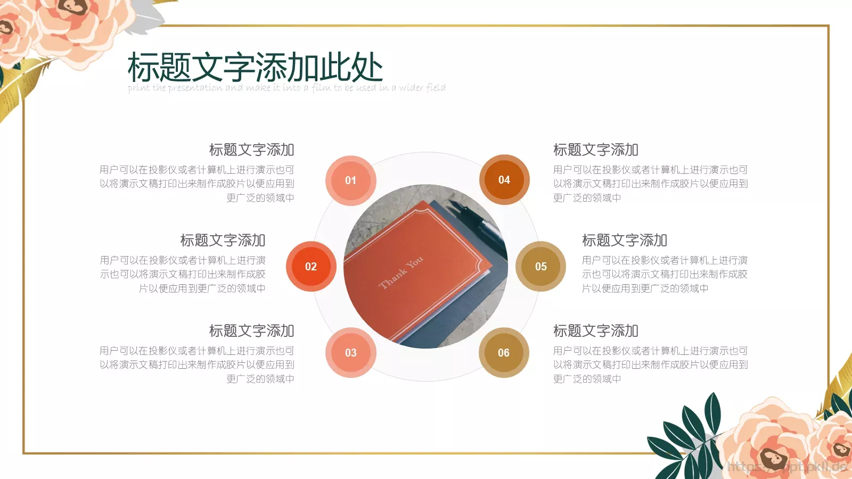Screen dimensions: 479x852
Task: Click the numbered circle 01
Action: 350,180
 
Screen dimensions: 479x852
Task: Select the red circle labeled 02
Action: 311,267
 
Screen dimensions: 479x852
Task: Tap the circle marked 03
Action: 350,352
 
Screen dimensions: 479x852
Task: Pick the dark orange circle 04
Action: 504,180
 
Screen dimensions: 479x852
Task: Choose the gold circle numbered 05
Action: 540,267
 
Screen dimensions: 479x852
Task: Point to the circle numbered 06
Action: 503,352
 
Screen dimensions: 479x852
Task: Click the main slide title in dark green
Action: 255,68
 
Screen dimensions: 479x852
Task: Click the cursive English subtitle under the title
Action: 286,88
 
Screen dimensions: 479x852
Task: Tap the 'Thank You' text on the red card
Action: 401,272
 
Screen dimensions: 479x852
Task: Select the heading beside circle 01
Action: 251,150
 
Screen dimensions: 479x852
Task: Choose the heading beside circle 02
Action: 223,241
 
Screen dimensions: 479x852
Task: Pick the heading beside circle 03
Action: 251,331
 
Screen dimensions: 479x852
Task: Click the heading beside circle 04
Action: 595,150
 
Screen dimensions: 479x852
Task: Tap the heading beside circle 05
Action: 624,241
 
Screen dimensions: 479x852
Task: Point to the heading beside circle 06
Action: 595,331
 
